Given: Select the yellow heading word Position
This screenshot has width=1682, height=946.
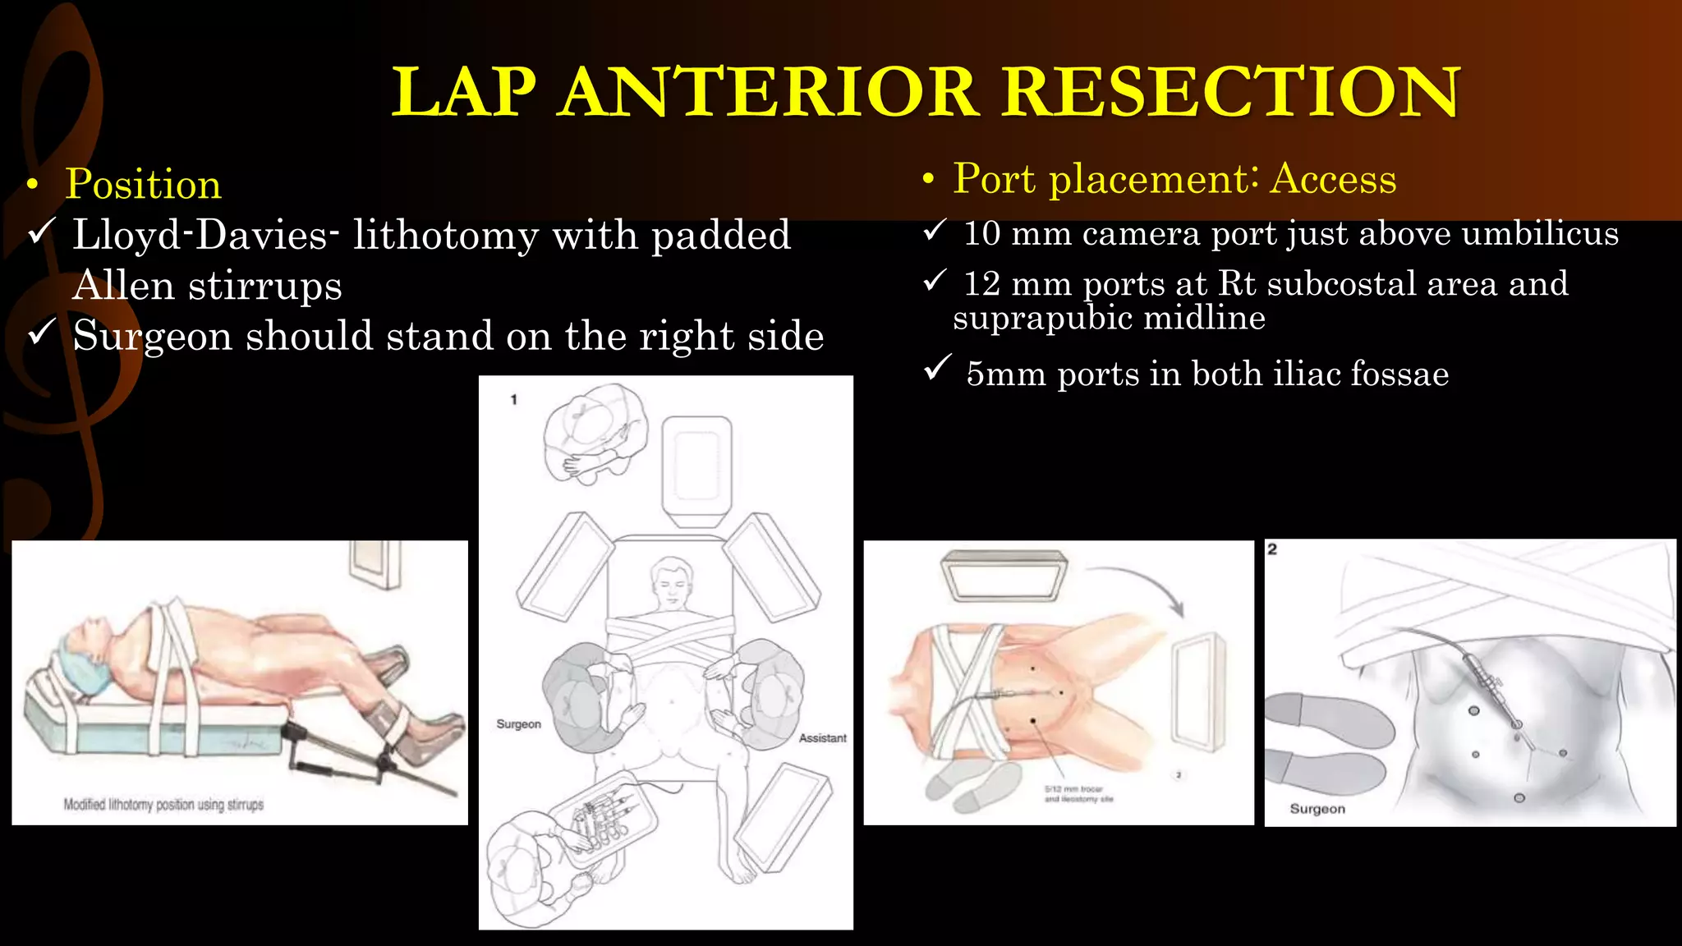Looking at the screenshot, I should (144, 184).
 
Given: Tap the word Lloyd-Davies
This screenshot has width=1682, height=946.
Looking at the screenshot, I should (205, 235).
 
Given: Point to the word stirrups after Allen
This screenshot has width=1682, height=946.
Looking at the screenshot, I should (264, 286).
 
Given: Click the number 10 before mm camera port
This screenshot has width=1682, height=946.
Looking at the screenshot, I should (981, 234).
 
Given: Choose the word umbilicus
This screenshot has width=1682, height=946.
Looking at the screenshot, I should (1540, 234).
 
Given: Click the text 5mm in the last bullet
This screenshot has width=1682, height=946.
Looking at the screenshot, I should (1006, 374).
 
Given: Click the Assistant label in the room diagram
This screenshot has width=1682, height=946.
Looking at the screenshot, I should (822, 738).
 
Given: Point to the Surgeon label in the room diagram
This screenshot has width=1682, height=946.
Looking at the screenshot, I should (518, 724).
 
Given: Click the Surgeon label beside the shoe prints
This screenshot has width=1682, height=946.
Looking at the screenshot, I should (1317, 809).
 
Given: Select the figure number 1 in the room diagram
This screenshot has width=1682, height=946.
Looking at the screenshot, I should (514, 400).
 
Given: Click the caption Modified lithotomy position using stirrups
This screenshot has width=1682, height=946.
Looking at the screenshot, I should (163, 805).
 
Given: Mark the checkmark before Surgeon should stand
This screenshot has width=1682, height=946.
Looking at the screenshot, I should (41, 333).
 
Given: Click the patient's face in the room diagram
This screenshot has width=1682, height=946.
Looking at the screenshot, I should (671, 583).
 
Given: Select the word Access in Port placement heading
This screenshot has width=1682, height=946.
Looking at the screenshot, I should (1333, 179).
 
